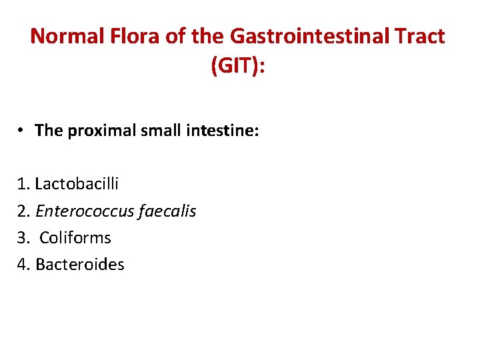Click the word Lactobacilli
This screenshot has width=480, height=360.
point(77,184)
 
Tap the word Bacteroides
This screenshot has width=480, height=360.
point(80,265)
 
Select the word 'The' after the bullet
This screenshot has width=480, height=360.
point(48,130)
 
